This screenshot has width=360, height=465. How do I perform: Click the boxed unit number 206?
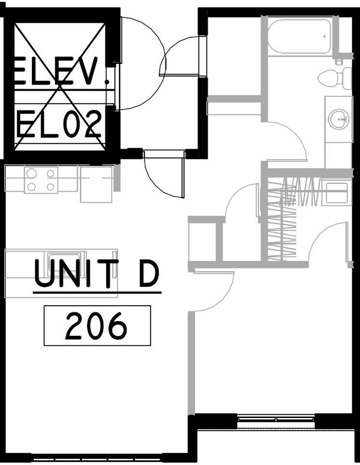pos(97,325)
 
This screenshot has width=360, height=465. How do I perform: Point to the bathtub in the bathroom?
pos(299,36)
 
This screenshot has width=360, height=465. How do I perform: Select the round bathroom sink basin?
pos(338,118)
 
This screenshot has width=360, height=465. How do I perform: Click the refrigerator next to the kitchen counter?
pos(96,184)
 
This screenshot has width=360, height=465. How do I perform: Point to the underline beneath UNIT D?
pos(97,292)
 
